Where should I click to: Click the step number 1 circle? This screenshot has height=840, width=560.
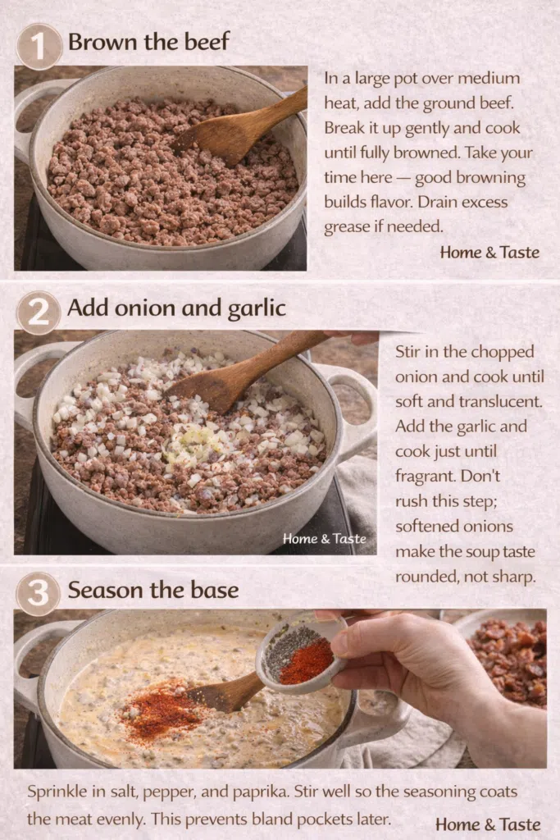[39, 47]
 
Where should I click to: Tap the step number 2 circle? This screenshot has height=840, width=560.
[39, 313]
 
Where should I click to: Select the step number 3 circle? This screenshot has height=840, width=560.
[38, 593]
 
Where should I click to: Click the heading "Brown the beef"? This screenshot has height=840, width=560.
[149, 42]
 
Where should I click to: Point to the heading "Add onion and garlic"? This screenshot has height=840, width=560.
[176, 308]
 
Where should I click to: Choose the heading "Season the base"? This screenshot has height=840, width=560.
[153, 590]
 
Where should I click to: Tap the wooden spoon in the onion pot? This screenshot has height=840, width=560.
[246, 370]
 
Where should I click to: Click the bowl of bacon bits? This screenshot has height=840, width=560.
[506, 659]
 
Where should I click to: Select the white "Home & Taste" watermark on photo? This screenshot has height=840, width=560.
[325, 538]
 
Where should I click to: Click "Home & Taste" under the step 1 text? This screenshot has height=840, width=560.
[489, 252]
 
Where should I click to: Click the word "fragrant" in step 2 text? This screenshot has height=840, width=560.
[425, 476]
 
